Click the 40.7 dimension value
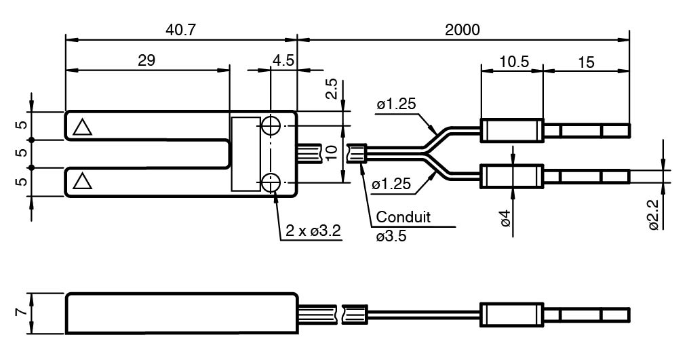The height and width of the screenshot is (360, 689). (x=180, y=30)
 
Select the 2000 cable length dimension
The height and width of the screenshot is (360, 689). (x=462, y=30)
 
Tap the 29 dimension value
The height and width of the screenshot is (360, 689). (x=146, y=60)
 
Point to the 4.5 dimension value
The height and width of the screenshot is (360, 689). (x=283, y=60)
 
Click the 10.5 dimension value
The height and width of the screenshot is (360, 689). (x=515, y=62)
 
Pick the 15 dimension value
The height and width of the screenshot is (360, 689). (x=586, y=62)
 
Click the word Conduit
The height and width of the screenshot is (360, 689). (x=403, y=217)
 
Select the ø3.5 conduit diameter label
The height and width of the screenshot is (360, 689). (x=391, y=236)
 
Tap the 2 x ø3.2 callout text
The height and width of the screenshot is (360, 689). (x=313, y=231)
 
